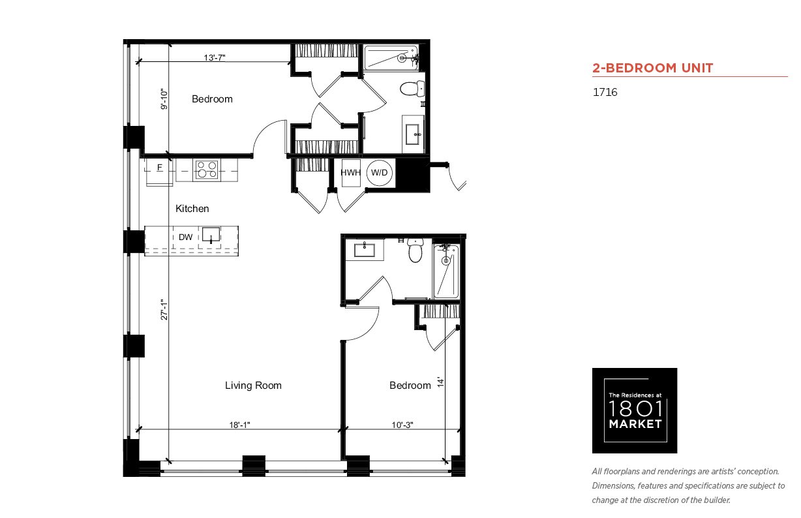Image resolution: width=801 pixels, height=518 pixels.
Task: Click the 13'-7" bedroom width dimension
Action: pos(215,57)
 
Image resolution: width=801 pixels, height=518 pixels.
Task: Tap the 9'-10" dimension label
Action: pos(164,99)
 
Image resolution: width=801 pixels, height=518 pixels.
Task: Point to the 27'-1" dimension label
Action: pos(164,309)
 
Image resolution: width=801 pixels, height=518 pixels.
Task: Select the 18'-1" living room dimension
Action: pos(239,425)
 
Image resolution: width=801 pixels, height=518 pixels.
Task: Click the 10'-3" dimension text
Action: pos(402,425)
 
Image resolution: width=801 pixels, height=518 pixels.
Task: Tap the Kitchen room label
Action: pos(192,209)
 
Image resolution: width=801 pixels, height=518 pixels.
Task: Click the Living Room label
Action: pos(253,386)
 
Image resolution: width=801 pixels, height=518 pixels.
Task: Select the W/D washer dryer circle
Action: pos(380,173)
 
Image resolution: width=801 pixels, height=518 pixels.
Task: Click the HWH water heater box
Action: pos(350,173)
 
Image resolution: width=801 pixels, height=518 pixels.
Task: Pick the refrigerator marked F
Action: pos(160,172)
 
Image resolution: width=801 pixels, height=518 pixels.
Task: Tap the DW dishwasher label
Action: pos(186,237)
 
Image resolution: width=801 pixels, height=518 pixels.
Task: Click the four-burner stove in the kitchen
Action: pos(207,170)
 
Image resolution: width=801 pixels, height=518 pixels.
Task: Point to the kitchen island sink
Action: pos(211,235)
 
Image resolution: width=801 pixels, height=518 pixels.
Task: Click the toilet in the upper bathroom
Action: pos(412,88)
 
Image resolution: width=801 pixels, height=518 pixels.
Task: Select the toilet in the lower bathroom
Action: pos(415,251)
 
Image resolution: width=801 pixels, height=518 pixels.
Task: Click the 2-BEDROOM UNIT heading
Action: pos(652,68)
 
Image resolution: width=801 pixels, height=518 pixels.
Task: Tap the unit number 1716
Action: pos(605,92)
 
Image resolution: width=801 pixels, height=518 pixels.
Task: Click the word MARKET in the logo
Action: pos(635,424)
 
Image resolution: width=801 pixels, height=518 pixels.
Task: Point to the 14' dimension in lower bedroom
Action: pos(440,382)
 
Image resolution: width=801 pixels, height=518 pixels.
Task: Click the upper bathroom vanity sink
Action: pos(413,134)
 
